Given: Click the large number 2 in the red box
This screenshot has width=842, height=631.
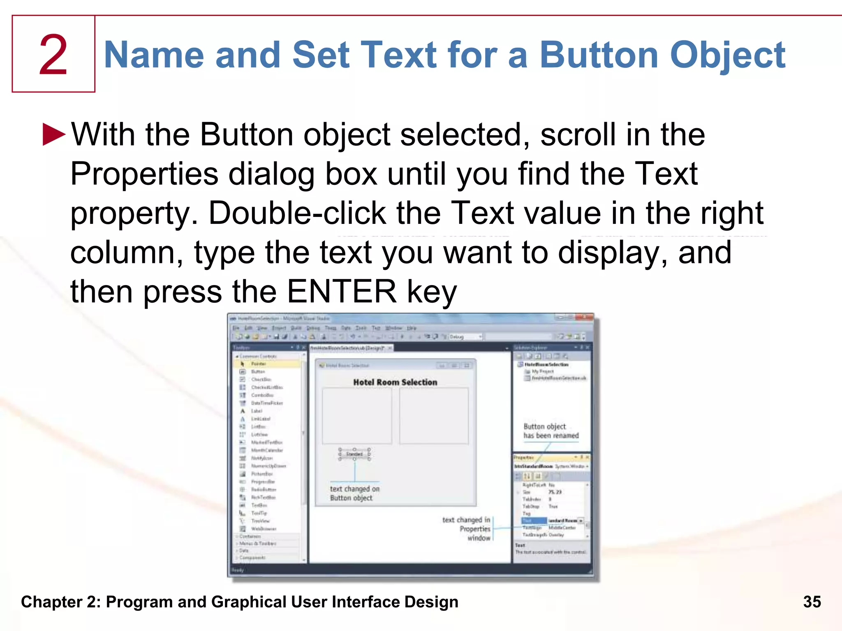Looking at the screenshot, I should click(53, 55).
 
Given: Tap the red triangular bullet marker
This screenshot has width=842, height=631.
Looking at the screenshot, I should click(53, 134).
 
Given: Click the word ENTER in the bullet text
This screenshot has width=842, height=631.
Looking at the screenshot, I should click(342, 292).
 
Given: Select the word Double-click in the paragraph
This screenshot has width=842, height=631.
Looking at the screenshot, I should click(297, 213).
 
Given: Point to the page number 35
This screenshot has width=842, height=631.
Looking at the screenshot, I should click(812, 602).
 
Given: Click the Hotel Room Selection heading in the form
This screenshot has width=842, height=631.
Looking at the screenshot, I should click(395, 382).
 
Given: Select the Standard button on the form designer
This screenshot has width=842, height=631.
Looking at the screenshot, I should click(354, 454).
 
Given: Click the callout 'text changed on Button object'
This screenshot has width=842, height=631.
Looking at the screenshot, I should click(354, 493).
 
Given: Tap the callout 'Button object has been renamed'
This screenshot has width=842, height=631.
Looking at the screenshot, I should click(551, 431).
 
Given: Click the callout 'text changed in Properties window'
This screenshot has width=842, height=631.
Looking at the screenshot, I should click(467, 529).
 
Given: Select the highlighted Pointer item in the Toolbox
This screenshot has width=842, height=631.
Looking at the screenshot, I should click(259, 364).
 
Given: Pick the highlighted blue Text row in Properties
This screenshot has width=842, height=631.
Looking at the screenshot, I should click(533, 520).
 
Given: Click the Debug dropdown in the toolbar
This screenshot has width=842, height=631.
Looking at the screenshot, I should click(465, 337).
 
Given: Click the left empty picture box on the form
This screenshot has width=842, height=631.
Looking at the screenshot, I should click(356, 415).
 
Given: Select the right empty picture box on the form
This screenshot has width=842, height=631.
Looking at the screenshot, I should click(433, 415).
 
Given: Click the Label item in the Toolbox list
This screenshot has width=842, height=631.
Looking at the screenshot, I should click(257, 411).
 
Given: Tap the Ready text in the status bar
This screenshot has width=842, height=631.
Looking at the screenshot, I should click(238, 570).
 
